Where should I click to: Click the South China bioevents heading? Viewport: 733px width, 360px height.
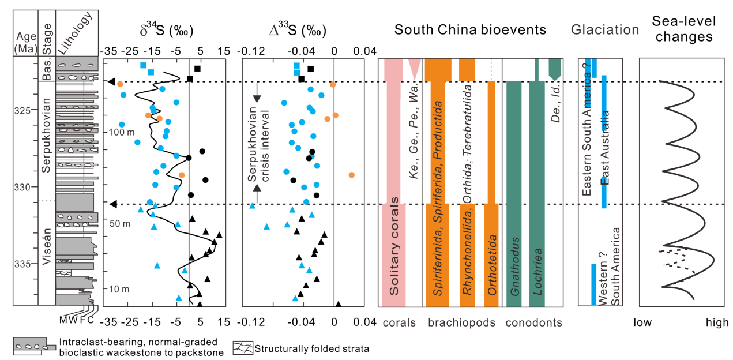pyautogui.click(x=470, y=29)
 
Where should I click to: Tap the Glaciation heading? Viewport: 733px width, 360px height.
pyautogui.click(x=605, y=30)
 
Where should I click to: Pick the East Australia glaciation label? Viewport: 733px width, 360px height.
pyautogui.click(x=604, y=147)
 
